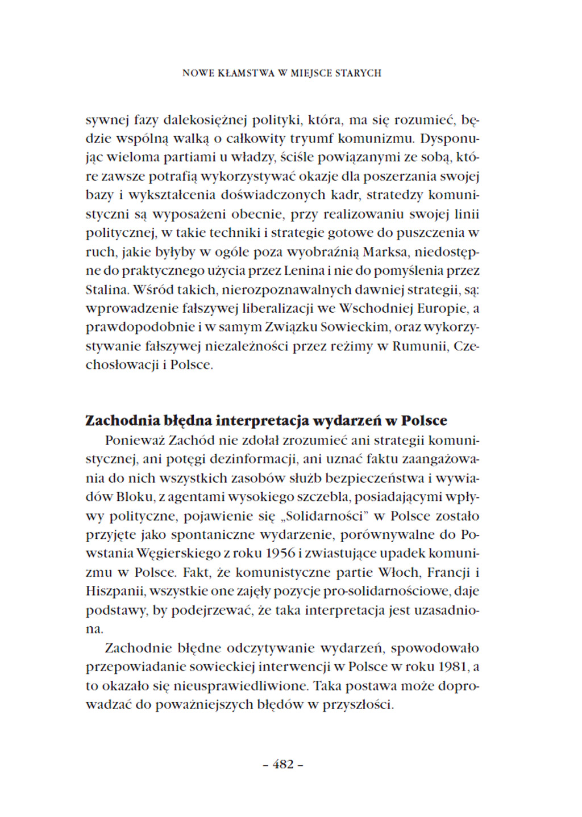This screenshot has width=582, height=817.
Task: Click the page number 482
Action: click(283, 764)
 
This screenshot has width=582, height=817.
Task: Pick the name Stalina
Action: click(107, 290)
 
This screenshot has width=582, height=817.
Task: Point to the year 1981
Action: click(453, 667)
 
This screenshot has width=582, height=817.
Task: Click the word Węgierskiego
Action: click(185, 554)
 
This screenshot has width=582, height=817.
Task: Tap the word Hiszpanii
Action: click(115, 591)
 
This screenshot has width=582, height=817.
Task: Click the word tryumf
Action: click(312, 139)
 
